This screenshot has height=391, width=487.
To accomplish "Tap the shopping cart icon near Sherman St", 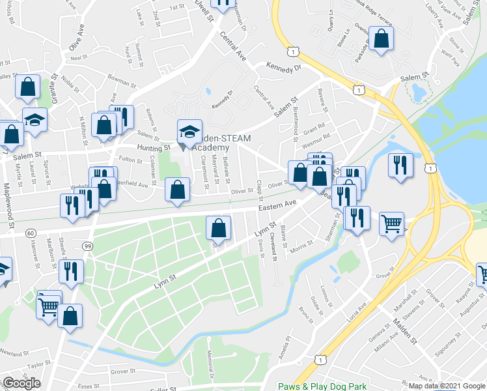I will click(392, 223).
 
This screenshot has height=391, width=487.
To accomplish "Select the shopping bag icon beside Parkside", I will click(382, 38).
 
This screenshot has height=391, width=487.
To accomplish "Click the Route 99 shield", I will click(87, 246).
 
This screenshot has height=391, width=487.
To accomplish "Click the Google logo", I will click(21, 383).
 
